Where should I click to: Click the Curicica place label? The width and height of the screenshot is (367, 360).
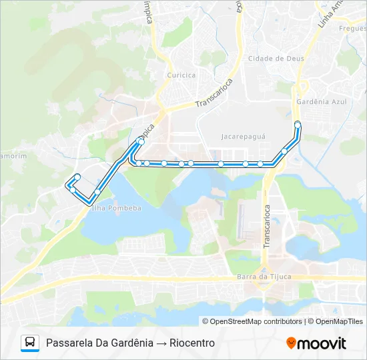[x=182, y=75]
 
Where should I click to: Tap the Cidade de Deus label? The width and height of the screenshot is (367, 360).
[x=276, y=59]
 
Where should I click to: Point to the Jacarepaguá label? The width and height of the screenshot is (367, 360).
[x=243, y=136]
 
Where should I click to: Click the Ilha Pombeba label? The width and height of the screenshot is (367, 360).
[x=117, y=208]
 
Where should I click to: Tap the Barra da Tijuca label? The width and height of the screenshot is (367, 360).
[x=264, y=277]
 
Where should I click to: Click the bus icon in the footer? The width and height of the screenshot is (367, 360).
[x=30, y=343]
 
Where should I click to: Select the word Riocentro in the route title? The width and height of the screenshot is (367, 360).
[x=192, y=343]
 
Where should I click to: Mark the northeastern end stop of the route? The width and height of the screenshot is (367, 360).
[x=298, y=125]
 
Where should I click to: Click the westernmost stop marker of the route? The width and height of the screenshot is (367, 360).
[x=73, y=190]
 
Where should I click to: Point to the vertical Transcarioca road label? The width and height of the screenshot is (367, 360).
[x=266, y=227]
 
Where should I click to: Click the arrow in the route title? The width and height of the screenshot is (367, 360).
[x=161, y=343]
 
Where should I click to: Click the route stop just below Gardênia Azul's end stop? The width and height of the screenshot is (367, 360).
[x=284, y=151]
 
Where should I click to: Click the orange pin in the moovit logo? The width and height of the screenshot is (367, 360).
[x=292, y=343]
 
